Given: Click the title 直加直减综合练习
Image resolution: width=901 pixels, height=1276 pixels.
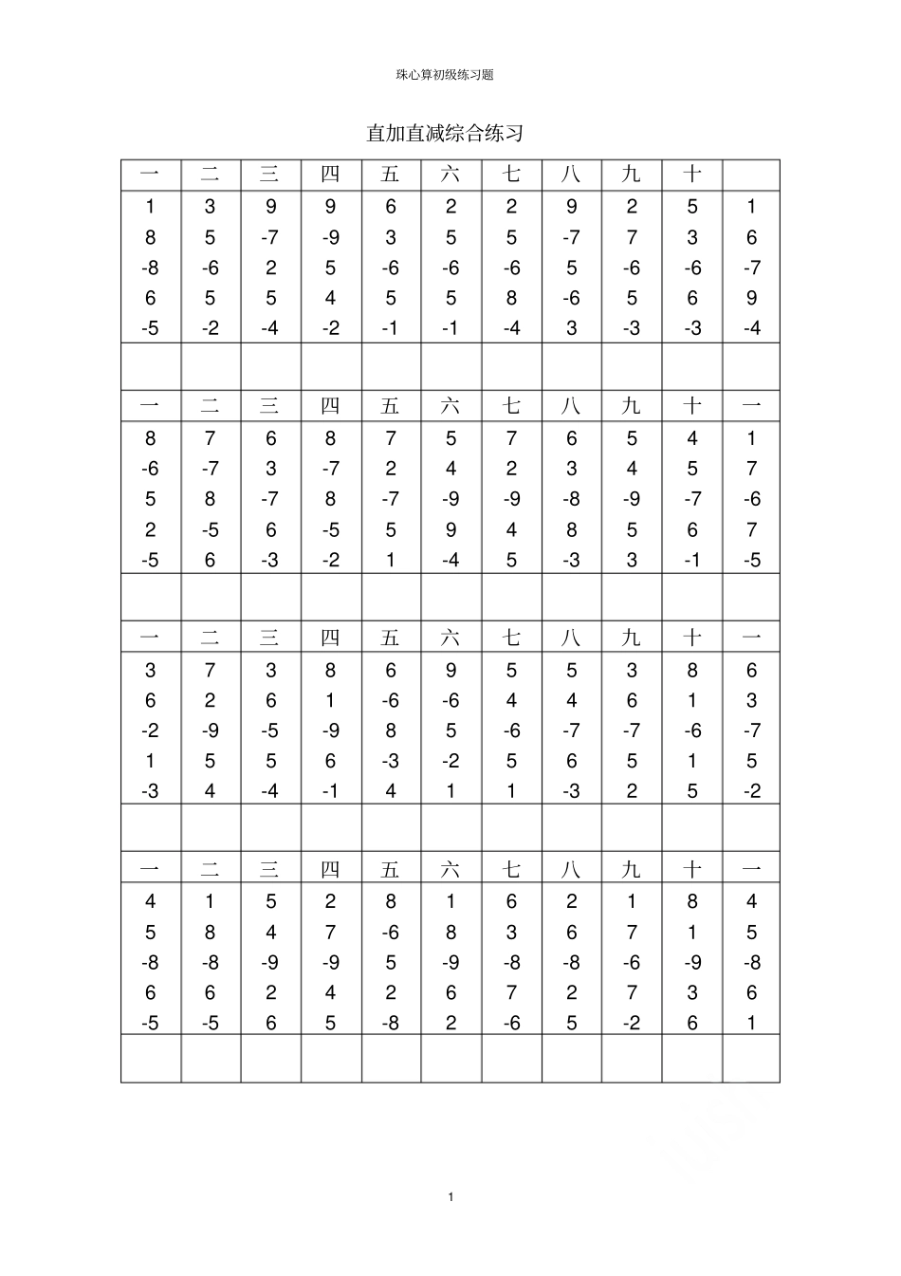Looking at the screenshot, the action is [445, 133].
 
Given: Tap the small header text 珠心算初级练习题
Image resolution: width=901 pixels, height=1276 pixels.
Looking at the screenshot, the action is [445, 75].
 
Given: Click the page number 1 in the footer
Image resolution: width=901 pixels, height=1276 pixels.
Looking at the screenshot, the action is [451, 1196].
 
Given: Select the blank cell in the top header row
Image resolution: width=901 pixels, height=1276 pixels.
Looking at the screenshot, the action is [751, 175].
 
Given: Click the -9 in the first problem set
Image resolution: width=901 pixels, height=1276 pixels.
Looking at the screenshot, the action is [330, 237].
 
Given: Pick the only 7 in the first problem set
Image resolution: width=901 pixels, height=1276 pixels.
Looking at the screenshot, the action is [632, 237].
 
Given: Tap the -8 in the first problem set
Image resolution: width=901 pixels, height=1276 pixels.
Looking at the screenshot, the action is [150, 268].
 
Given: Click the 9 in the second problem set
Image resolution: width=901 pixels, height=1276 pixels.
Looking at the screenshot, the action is [450, 529].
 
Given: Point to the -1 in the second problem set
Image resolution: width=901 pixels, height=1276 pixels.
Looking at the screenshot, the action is [692, 560].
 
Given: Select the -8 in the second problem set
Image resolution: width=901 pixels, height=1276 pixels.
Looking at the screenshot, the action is [571, 499].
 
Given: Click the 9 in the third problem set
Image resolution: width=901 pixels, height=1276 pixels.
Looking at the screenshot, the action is [450, 670].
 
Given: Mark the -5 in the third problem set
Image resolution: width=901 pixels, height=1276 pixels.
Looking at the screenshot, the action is [270, 730].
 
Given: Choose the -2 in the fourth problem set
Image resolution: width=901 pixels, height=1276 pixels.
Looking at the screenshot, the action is [632, 1023].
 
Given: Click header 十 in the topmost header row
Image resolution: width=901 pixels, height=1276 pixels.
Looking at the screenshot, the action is [692, 175].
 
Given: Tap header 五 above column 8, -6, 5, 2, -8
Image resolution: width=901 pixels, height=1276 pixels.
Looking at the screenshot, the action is [390, 869].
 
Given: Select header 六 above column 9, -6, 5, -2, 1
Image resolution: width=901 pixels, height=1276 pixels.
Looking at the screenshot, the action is [450, 638].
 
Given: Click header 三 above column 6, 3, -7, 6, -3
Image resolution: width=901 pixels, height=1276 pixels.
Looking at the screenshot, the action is [270, 406].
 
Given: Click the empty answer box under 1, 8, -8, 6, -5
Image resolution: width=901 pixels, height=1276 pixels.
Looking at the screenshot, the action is [150, 366].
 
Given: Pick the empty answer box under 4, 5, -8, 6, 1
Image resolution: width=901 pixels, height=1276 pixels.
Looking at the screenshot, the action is [751, 1058].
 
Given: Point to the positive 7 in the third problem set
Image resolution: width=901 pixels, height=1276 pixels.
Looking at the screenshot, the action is [210, 670].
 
